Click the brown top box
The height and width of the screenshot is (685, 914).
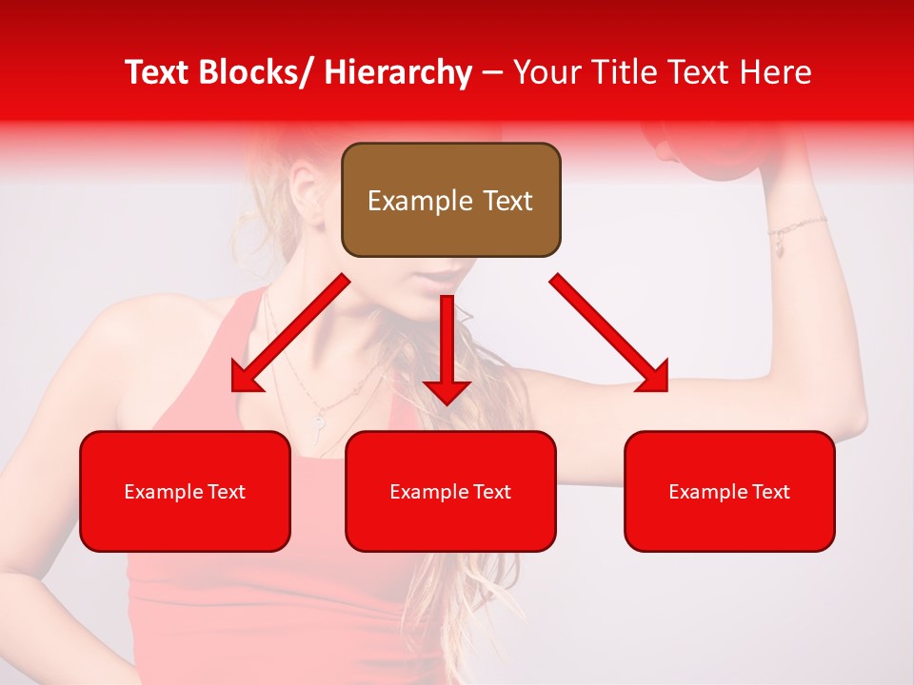450,200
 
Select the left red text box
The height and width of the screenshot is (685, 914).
185,491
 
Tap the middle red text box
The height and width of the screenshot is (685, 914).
450,491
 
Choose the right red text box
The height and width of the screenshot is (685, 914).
729,491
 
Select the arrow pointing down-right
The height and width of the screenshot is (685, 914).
609,333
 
